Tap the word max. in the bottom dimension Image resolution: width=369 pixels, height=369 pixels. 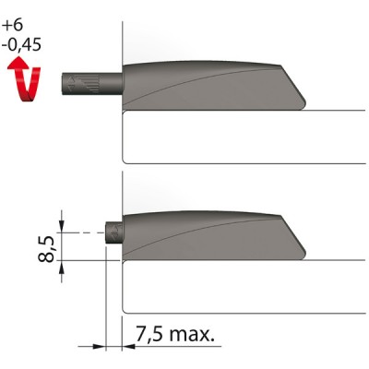(x=196, y=332)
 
